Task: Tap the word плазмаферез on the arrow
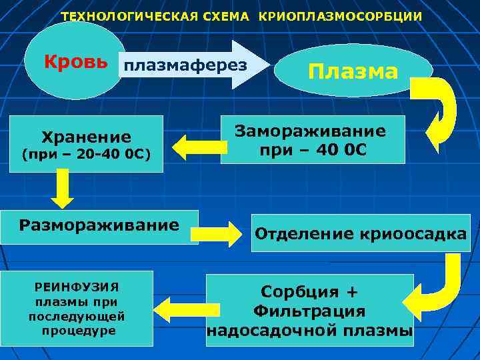(x=185, y=65)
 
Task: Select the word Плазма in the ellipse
(x=353, y=71)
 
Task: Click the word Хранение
(x=87, y=137)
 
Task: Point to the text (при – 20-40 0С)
(x=87, y=155)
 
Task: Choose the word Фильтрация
(x=309, y=311)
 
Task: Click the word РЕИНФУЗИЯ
(x=77, y=287)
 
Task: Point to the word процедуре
(x=77, y=331)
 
